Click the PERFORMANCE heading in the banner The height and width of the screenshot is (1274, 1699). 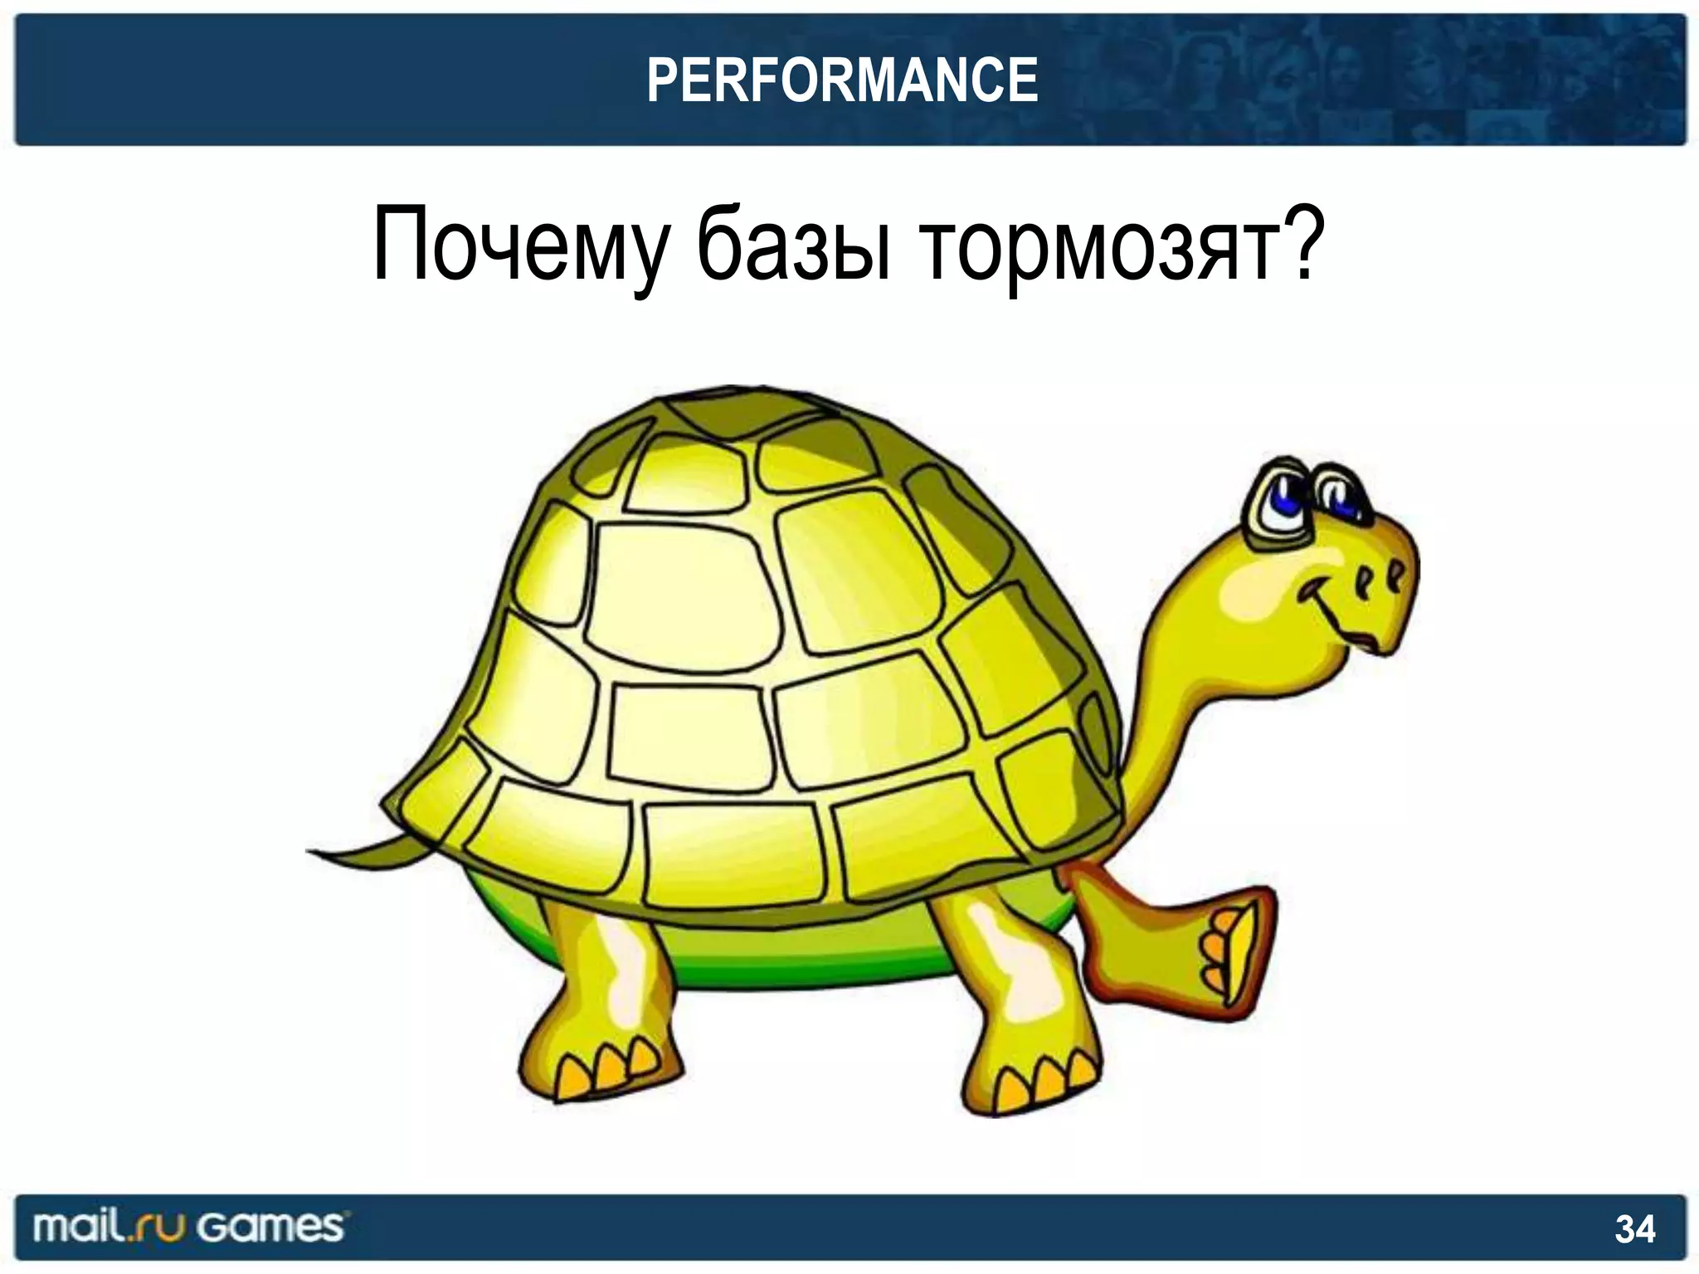click(x=842, y=80)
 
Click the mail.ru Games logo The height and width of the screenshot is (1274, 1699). click(x=188, y=1227)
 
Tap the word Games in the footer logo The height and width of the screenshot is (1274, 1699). click(x=271, y=1227)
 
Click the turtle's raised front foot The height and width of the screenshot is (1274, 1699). click(x=1228, y=946)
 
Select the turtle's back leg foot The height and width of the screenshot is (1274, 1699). click(x=614, y=1070)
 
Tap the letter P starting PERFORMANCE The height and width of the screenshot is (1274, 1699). click(x=661, y=80)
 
